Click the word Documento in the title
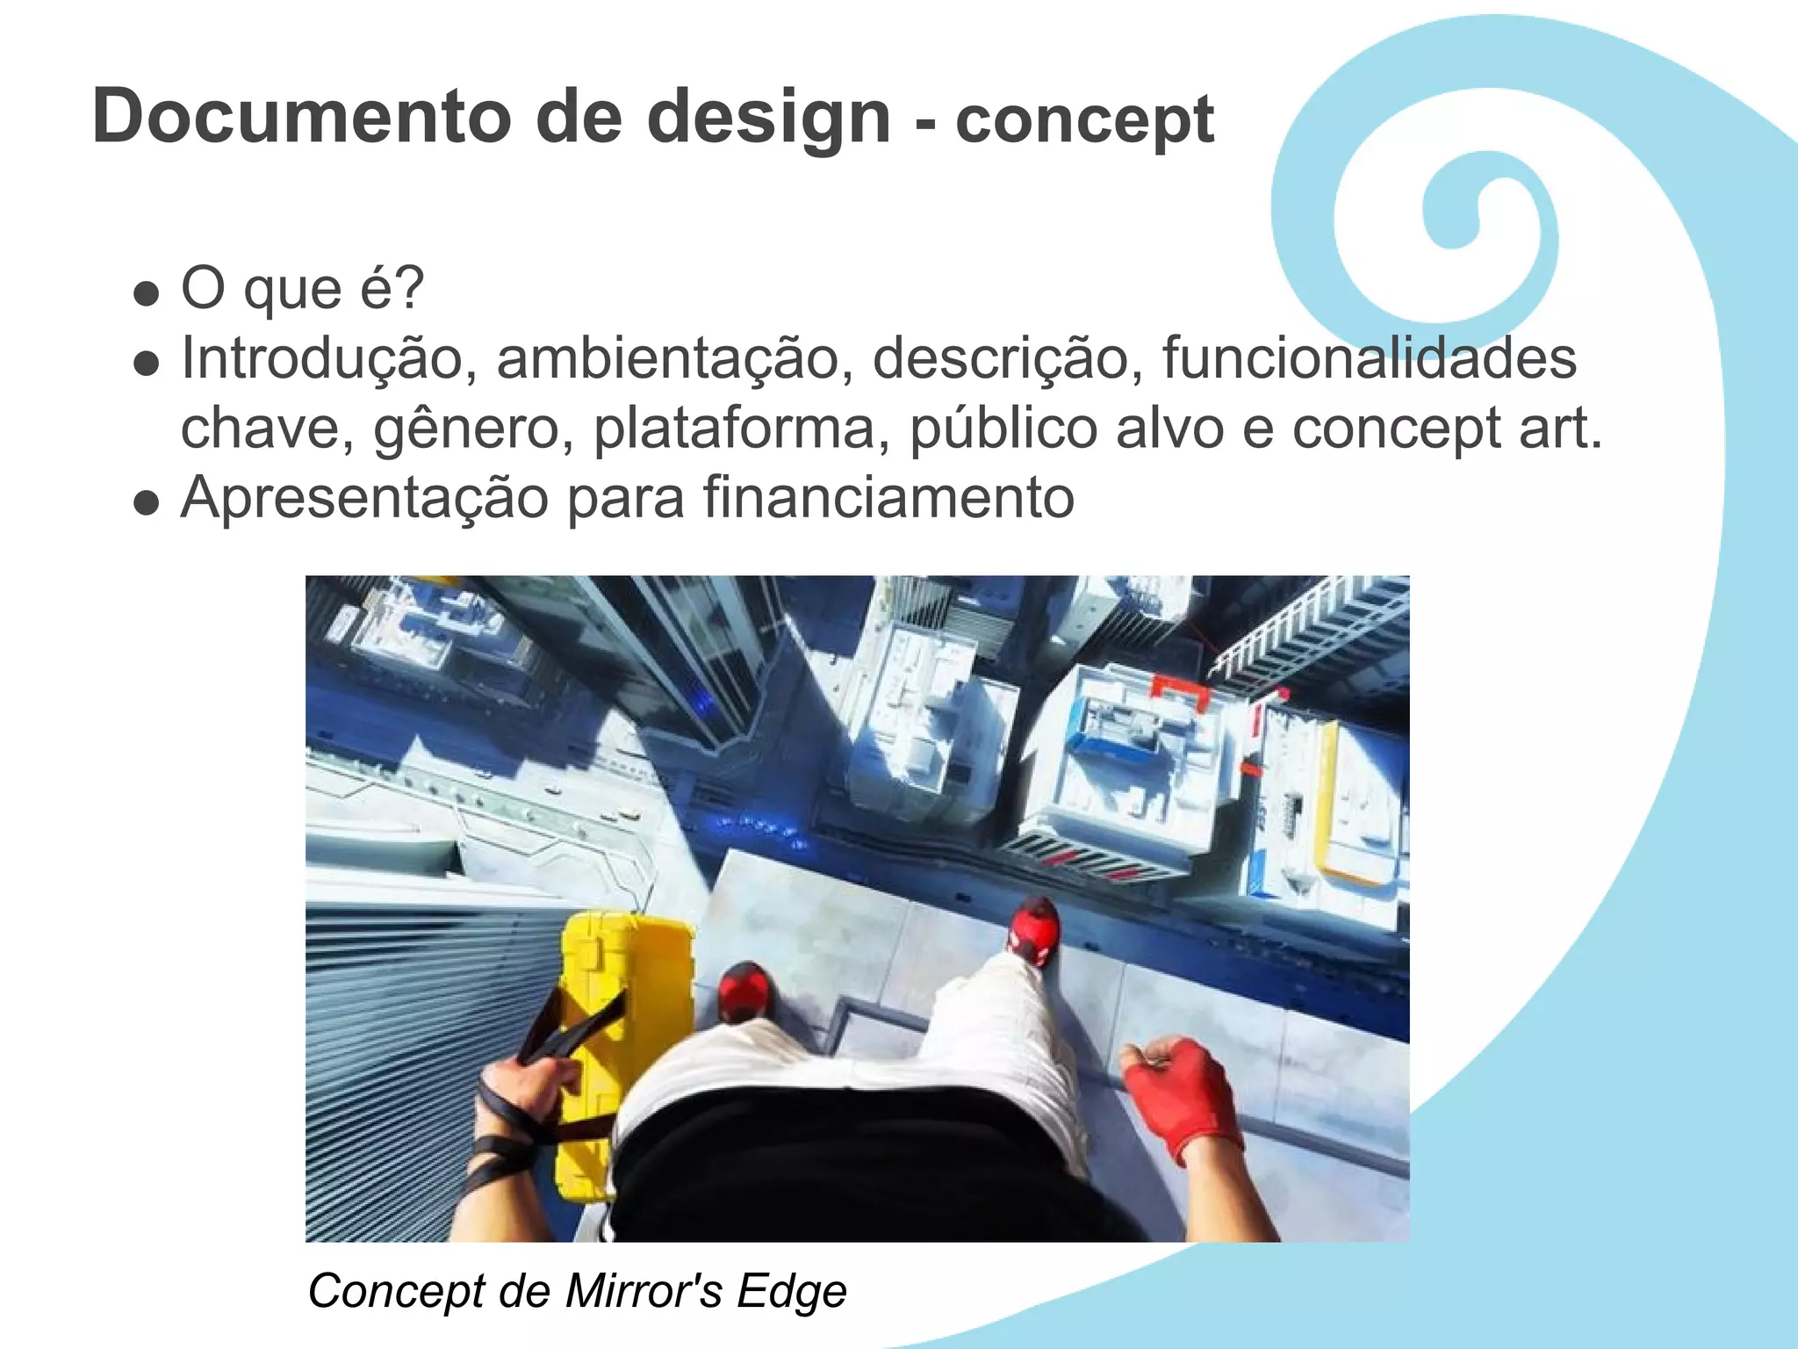[301, 117]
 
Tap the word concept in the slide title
[1084, 121]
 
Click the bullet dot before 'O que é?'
[147, 292]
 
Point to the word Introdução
[321, 359]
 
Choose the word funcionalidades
[1369, 359]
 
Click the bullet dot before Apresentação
[147, 503]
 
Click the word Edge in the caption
[792, 1291]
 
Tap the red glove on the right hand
[1180, 1098]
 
